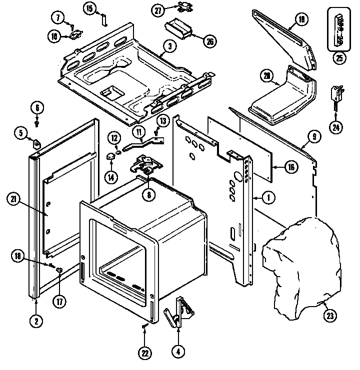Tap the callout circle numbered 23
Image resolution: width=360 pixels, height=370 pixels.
[330, 315]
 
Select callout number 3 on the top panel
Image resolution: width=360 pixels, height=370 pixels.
[170, 46]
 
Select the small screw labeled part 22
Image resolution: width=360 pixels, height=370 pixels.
[144, 327]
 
